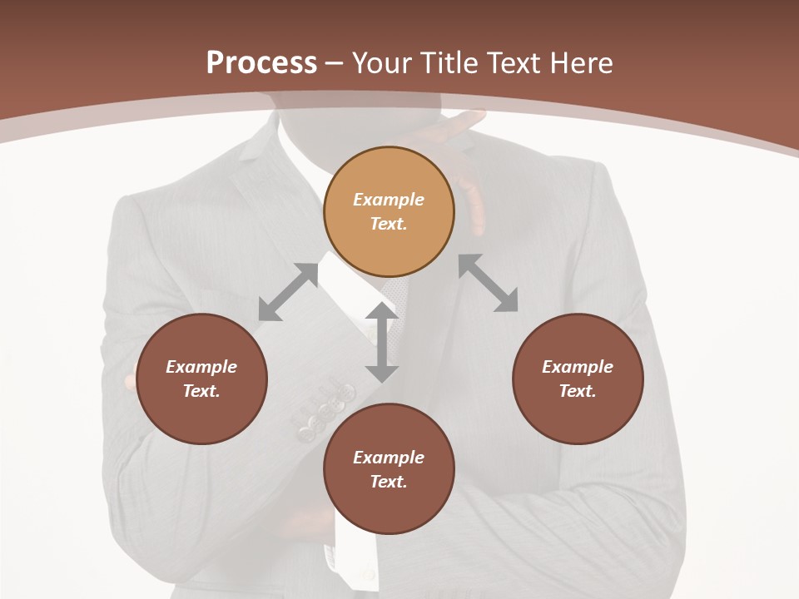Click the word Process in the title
click(261, 63)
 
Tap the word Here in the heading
click(578, 63)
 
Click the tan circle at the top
click(389, 211)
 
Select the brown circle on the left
click(201, 379)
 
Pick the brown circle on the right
click(578, 379)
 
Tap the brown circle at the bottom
click(389, 468)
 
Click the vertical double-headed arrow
click(382, 342)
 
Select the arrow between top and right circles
click(489, 283)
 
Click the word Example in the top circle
click(389, 200)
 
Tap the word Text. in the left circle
click(201, 391)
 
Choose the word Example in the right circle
click(578, 367)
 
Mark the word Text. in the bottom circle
click(389, 482)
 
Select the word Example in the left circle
click(201, 367)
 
